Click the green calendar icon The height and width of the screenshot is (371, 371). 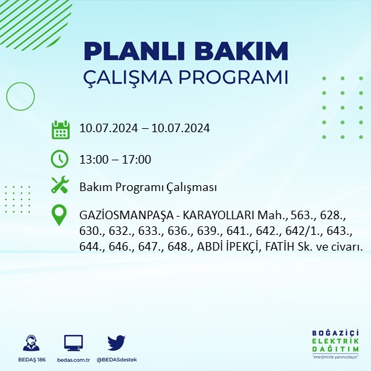60,129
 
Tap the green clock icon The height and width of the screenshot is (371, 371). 60,158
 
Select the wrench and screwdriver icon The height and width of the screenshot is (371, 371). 60,186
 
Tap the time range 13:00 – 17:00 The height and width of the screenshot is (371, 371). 115,159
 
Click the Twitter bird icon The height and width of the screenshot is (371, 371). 116,343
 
